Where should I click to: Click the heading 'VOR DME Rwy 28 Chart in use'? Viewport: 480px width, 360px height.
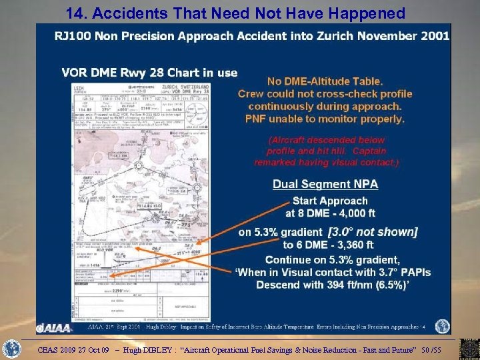(x=149, y=72)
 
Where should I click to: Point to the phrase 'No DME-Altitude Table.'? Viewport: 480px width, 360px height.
(x=325, y=83)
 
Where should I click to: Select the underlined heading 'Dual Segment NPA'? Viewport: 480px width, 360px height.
(x=325, y=184)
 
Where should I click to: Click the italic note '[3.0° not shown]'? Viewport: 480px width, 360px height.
(x=373, y=232)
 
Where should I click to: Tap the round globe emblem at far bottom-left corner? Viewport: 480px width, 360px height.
(x=12, y=349)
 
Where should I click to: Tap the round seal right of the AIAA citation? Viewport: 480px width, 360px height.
(x=442, y=327)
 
